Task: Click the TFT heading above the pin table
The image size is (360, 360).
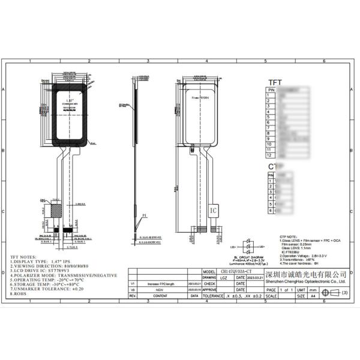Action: pyautogui.click(x=275, y=83)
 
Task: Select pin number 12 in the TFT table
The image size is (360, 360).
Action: pyautogui.click(x=271, y=155)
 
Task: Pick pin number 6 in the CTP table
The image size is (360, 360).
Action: pyautogui.click(x=271, y=211)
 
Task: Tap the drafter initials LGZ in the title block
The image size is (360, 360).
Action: pyautogui.click(x=223, y=278)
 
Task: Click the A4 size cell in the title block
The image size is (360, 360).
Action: pyautogui.click(x=312, y=296)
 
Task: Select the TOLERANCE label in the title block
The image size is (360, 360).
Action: pyautogui.click(x=212, y=296)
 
